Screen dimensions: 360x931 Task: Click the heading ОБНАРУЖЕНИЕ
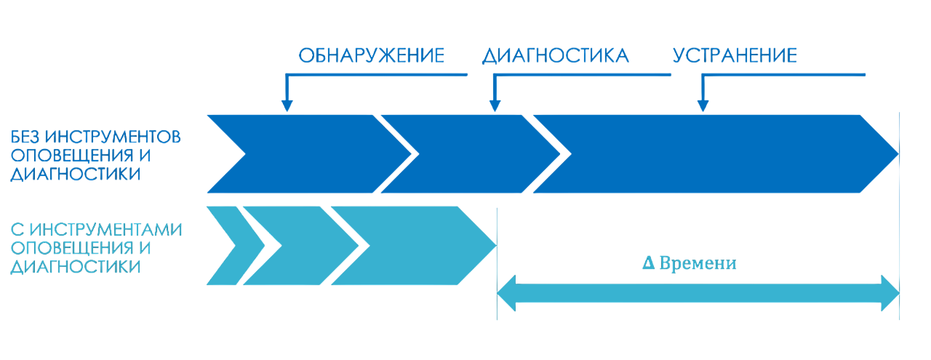pos(372,56)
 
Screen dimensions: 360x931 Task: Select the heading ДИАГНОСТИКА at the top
pos(555,56)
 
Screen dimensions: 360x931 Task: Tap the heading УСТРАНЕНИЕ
pos(735,56)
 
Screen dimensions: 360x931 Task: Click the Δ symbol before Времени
pos(647,264)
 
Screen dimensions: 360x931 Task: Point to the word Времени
pos(698,264)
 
